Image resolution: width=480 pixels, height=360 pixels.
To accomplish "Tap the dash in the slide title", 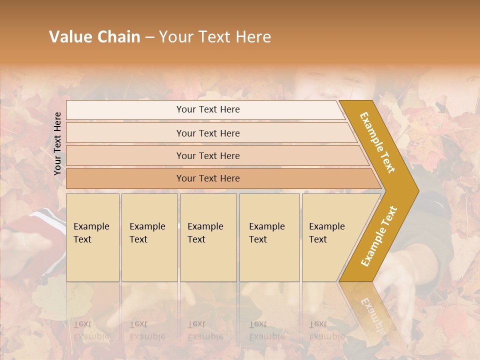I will pyautogui.click(x=149, y=37).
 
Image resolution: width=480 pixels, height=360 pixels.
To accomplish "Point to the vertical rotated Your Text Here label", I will pyautogui.click(x=57, y=143).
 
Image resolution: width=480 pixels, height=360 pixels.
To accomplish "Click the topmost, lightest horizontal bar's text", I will pyautogui.click(x=208, y=109).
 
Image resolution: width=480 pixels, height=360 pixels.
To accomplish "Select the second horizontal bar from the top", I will pyautogui.click(x=208, y=133).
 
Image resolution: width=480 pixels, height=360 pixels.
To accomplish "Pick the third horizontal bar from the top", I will pyautogui.click(x=208, y=155).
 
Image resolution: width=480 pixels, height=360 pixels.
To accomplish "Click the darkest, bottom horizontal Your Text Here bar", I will pyautogui.click(x=208, y=178).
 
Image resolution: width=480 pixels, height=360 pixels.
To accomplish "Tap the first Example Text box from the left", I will pyautogui.click(x=92, y=237).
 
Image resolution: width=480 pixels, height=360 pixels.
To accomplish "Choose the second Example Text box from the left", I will pyautogui.click(x=149, y=237).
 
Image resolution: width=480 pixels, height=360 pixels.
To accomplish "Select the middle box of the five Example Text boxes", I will pyautogui.click(x=208, y=237).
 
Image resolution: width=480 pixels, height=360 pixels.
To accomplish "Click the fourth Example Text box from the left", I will pyautogui.click(x=269, y=237).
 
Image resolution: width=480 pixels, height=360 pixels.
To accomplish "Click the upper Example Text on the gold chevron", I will pyautogui.click(x=377, y=142).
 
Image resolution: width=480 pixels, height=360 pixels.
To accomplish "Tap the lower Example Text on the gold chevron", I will pyautogui.click(x=379, y=236).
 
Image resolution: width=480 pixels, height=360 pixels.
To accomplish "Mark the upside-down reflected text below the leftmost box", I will pyautogui.click(x=91, y=330).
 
